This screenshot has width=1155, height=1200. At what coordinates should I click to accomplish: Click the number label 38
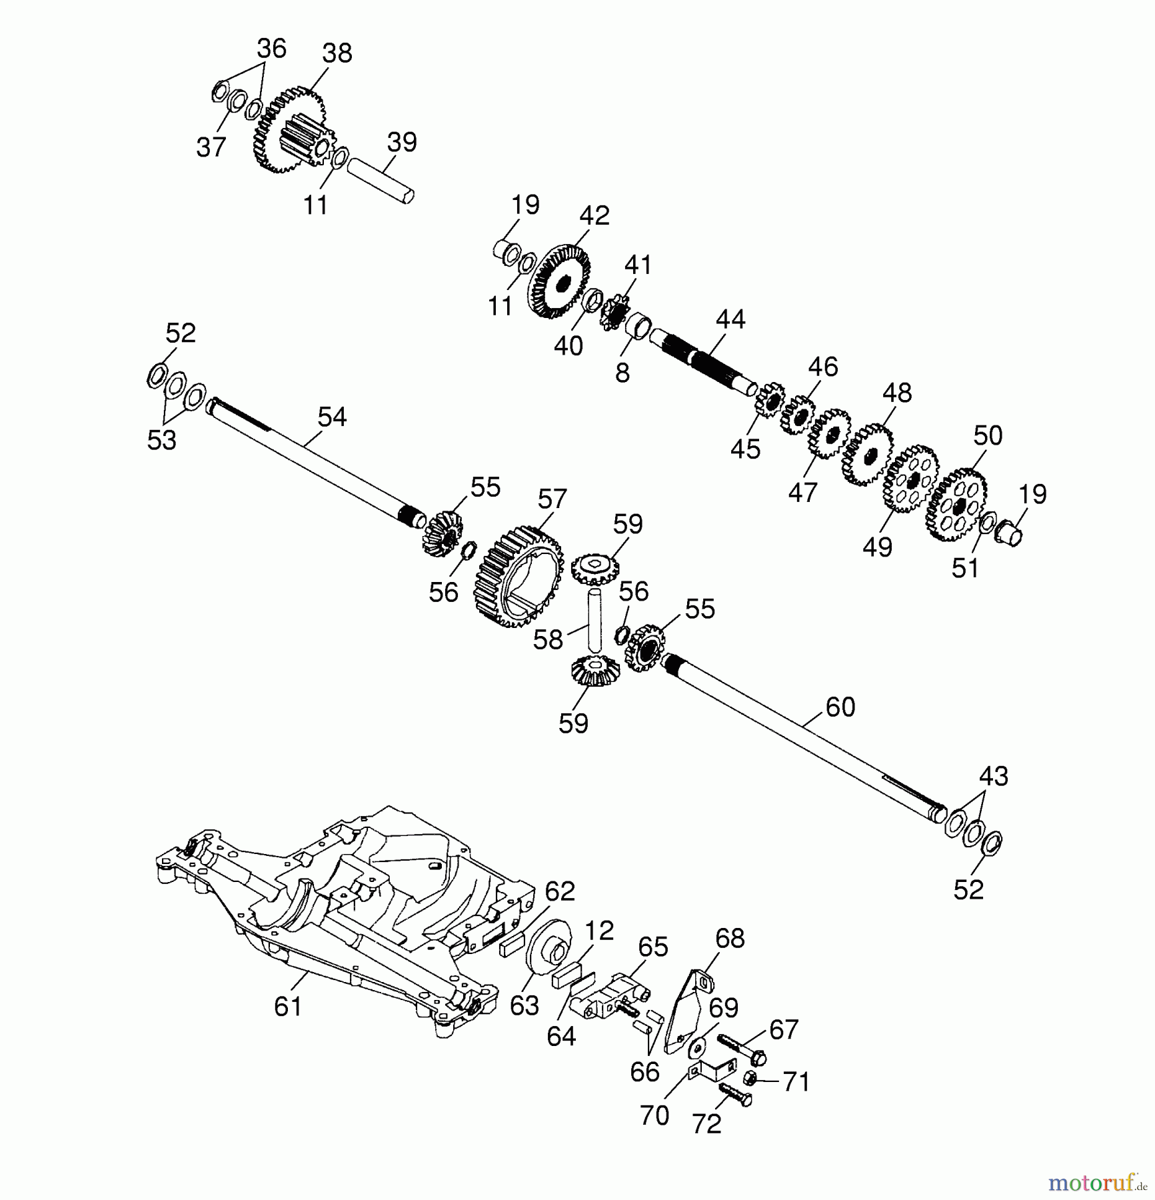337,53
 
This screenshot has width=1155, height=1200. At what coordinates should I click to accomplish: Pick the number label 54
331,417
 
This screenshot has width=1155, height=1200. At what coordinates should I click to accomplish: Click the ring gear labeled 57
517,576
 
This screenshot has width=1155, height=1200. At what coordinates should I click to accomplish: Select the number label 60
840,707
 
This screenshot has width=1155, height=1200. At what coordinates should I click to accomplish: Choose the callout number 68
730,938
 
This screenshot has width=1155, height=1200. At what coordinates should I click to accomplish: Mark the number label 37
211,147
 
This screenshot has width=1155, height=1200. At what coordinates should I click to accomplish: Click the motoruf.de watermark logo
1096,1183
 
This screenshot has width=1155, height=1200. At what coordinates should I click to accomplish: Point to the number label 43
993,777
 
